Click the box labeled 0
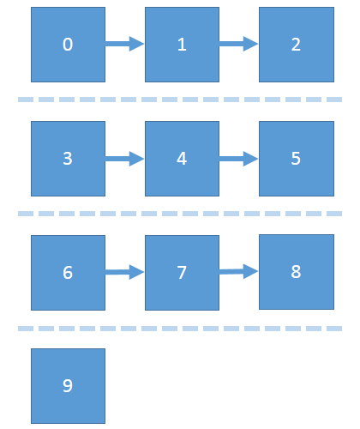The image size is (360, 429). (x=68, y=45)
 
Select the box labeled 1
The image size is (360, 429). (x=182, y=45)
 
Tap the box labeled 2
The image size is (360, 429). (x=297, y=45)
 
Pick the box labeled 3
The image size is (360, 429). (x=68, y=159)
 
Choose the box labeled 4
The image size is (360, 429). (x=182, y=159)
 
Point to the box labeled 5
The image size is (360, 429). (x=297, y=159)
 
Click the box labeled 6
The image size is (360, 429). (x=68, y=273)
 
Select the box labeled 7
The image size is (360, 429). (x=182, y=273)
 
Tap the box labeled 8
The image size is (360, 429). (x=297, y=272)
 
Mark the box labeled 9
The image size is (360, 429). (x=68, y=386)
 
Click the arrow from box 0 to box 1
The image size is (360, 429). (x=125, y=44)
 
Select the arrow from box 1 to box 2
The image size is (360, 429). (x=239, y=44)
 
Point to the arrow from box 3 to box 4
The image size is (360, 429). (x=125, y=159)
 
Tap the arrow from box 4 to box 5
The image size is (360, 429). (x=239, y=159)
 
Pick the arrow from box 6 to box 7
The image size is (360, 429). (x=125, y=272)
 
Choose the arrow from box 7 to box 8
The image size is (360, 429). (x=239, y=271)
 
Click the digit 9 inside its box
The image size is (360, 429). (x=68, y=386)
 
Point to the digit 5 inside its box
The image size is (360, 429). (x=296, y=159)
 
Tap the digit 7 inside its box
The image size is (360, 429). (x=182, y=273)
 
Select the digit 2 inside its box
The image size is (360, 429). (x=296, y=45)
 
